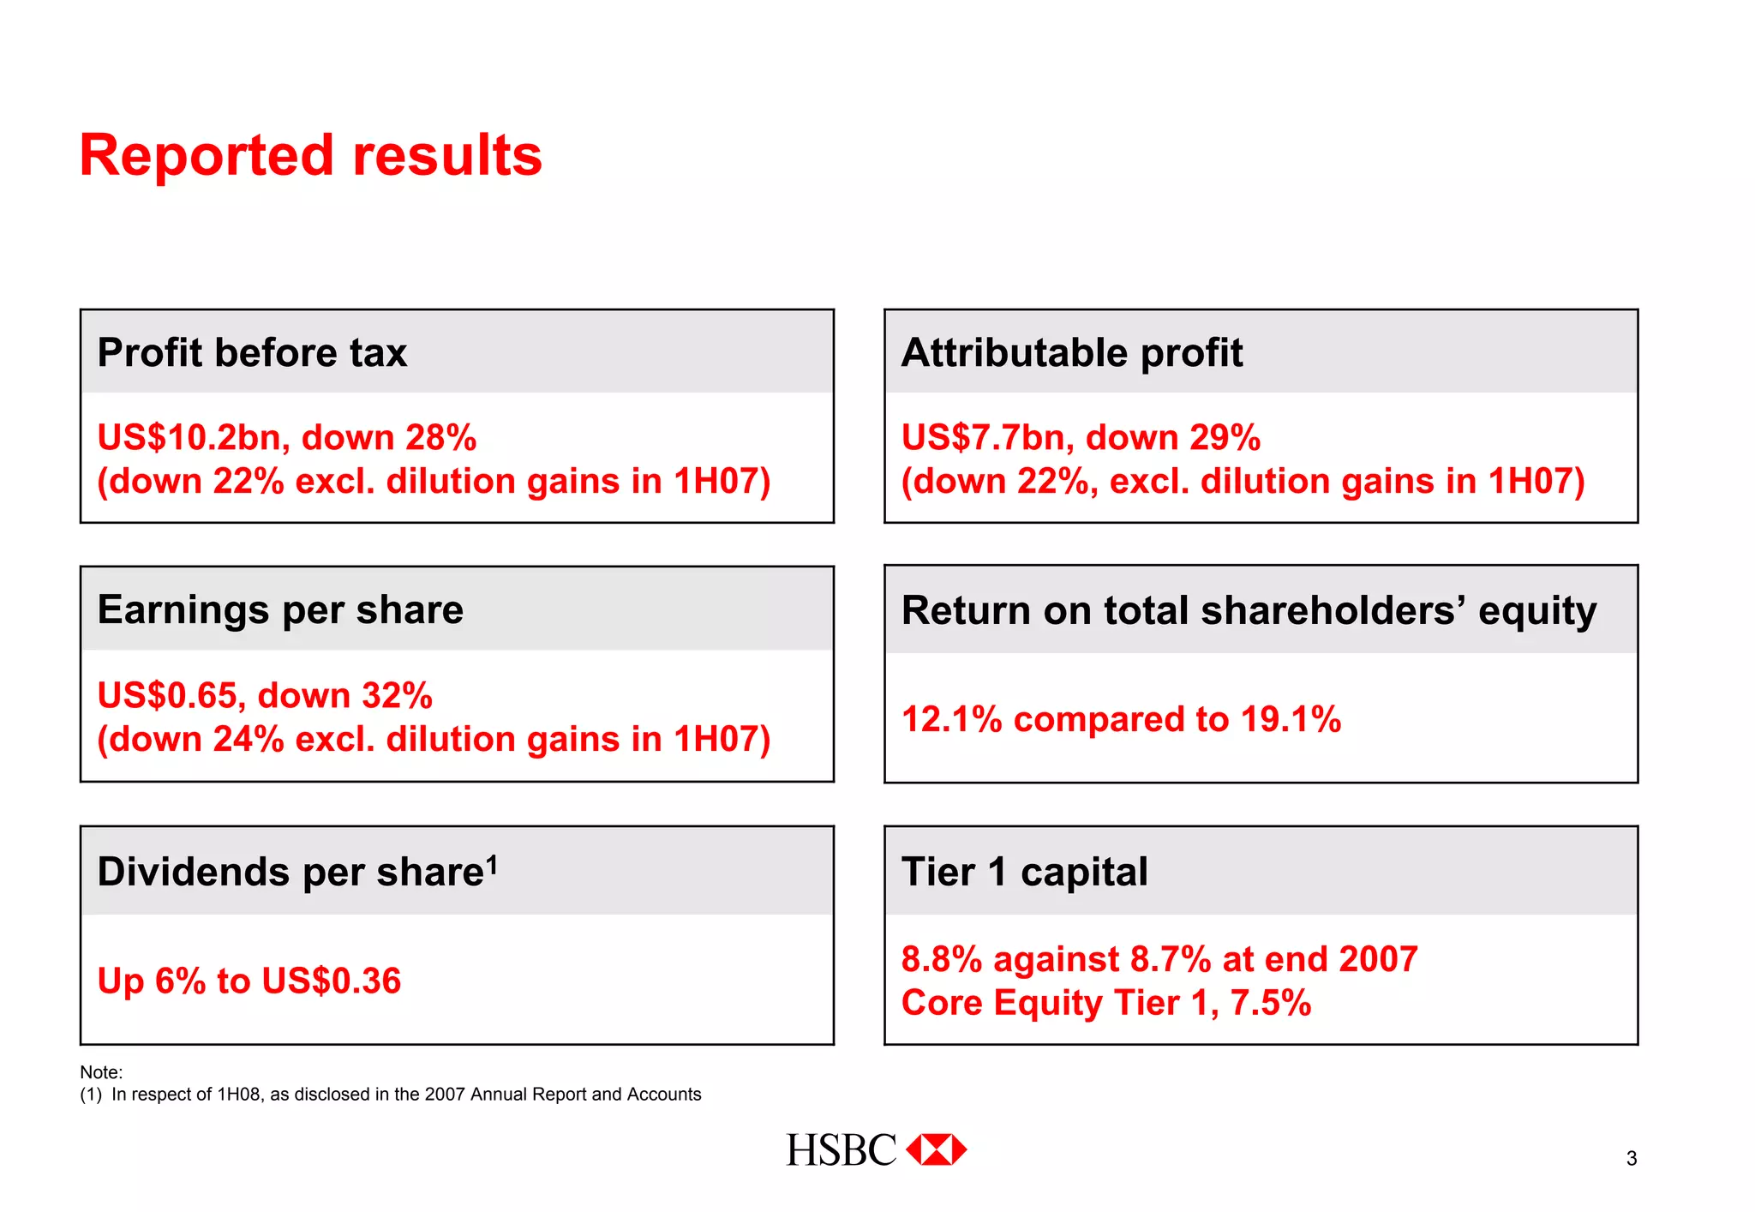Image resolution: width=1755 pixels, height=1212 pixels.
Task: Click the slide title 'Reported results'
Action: (310, 156)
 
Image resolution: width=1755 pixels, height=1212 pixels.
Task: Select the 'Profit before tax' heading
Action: (252, 352)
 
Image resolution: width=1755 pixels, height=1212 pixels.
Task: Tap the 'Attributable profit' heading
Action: (1071, 352)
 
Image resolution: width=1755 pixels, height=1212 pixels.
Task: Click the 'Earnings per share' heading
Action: (280, 610)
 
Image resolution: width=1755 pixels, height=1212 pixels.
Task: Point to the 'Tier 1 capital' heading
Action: (1024, 872)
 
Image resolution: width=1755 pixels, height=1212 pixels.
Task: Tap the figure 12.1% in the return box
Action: (951, 719)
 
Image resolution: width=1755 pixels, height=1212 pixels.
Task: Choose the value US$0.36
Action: (331, 981)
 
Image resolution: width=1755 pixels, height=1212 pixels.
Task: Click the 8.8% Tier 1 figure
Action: (941, 959)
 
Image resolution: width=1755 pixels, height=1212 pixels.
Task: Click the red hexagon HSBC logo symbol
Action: (936, 1149)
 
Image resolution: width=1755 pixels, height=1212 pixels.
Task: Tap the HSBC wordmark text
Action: (841, 1150)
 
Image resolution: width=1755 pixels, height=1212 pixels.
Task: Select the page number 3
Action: (1632, 1159)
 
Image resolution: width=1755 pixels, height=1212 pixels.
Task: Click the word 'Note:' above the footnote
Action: (101, 1072)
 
